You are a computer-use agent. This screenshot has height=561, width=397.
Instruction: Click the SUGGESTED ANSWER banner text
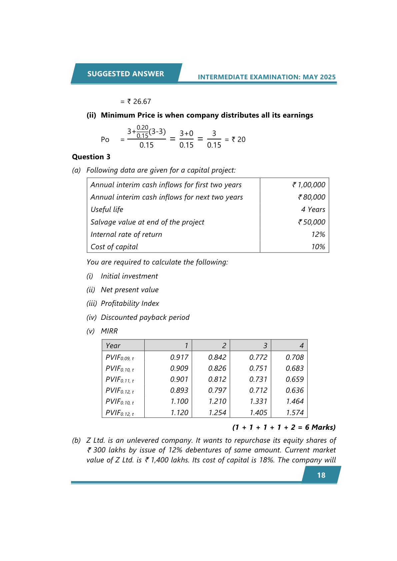125,74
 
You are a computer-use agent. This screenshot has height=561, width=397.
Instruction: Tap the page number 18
321,475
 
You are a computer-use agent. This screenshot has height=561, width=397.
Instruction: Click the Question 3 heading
91,157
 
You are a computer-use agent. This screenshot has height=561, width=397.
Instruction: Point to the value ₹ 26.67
139,102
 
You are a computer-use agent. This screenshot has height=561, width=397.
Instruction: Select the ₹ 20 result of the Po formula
239,140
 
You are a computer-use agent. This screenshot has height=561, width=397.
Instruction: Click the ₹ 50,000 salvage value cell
312,222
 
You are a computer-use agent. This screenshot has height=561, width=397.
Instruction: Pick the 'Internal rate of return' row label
126,235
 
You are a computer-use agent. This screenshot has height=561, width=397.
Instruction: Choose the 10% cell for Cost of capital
318,247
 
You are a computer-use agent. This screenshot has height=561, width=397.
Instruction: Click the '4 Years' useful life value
313,210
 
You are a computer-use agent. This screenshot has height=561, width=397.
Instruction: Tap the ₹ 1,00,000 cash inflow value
309,185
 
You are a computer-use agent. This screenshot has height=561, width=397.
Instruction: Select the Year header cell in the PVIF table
113,346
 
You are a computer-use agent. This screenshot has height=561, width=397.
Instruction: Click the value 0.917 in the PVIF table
179,357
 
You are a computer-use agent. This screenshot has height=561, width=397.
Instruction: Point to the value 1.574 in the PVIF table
295,413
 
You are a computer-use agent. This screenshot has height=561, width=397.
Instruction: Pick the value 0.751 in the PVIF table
258,368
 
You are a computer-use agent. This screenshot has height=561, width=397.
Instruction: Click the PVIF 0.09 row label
120,358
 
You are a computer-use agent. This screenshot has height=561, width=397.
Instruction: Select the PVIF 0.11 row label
120,380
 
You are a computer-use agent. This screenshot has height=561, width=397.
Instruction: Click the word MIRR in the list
109,331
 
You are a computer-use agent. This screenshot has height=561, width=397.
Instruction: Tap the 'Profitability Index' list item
130,303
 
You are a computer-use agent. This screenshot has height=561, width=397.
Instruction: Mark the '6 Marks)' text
320,427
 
